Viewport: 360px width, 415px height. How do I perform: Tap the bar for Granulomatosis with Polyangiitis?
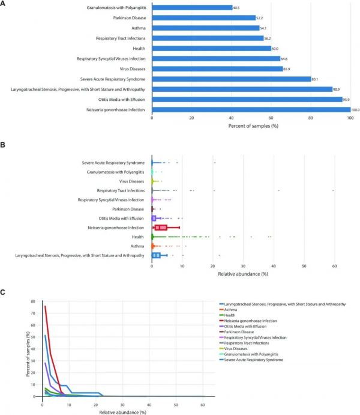click(192, 8)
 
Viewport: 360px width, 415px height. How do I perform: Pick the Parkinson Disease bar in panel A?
click(203, 18)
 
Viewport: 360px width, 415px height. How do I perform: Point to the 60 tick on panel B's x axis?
click(334, 265)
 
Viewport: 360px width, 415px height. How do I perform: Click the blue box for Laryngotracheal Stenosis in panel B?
click(157, 255)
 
